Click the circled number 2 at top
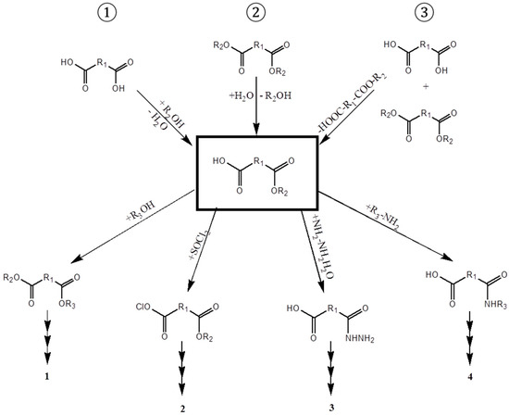point(254,15)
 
